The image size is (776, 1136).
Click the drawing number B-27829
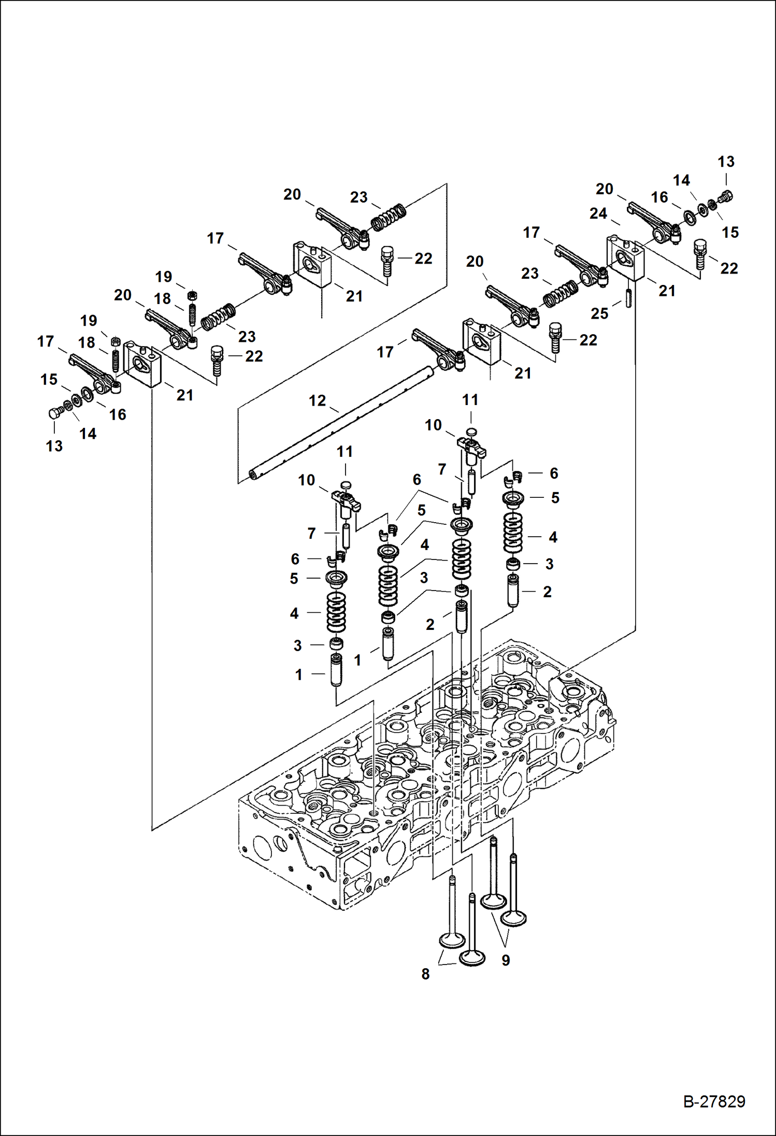click(714, 1101)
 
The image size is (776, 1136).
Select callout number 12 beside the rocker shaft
click(317, 400)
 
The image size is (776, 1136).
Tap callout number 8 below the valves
click(425, 974)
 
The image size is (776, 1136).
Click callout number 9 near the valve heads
click(506, 960)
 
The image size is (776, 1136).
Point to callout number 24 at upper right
click(598, 213)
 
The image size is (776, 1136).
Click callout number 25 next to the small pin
click(599, 313)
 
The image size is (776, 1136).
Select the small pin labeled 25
click(628, 298)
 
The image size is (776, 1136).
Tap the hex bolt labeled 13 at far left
click(54, 413)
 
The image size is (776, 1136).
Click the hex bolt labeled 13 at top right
click(726, 196)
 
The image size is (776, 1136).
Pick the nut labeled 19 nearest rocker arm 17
click(116, 341)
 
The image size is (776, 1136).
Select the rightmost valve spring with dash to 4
click(513, 533)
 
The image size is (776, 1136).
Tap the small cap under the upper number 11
click(470, 432)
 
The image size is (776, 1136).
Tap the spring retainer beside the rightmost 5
click(513, 498)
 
